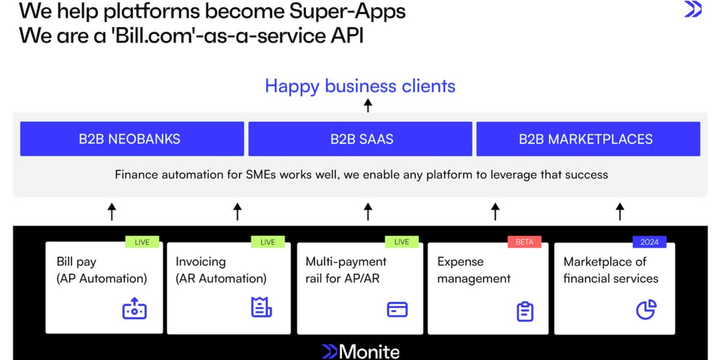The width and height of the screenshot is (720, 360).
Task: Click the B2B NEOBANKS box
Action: click(x=132, y=139)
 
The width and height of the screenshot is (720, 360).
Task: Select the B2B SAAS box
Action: click(x=360, y=139)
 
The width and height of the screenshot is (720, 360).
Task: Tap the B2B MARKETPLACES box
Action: click(x=588, y=139)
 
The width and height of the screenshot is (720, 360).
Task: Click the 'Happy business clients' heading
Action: click(x=360, y=86)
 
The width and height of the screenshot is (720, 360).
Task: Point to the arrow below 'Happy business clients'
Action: click(x=368, y=106)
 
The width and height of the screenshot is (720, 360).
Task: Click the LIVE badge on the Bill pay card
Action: click(x=142, y=242)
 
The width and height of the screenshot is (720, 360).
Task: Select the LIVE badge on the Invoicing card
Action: click(x=268, y=242)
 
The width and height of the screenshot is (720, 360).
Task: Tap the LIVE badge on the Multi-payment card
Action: click(x=402, y=242)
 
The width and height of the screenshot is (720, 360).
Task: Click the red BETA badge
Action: click(x=524, y=242)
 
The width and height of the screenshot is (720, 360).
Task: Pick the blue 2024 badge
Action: click(x=649, y=242)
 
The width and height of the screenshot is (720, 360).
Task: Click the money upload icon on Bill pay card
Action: click(x=134, y=309)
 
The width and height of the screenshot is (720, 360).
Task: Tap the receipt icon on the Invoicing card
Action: click(x=261, y=307)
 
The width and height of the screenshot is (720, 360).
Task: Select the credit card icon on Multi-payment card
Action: click(x=397, y=309)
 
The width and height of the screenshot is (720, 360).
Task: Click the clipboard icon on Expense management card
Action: click(x=525, y=311)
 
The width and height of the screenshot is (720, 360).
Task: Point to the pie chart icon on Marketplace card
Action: click(x=646, y=309)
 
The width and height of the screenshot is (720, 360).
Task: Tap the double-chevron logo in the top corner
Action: click(x=693, y=9)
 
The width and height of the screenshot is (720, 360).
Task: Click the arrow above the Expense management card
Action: click(x=495, y=211)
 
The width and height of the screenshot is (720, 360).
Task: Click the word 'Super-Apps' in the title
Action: click(x=347, y=11)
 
